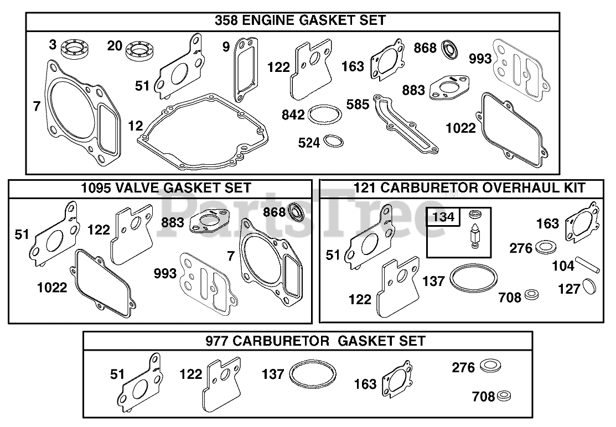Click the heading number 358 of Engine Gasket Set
[x=226, y=20]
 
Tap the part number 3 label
[x=53, y=44]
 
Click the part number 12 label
[x=136, y=126]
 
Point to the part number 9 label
[x=226, y=46]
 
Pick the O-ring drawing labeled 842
[x=324, y=114]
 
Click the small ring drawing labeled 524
[x=334, y=140]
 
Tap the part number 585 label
[x=358, y=105]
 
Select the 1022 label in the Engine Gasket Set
[x=460, y=128]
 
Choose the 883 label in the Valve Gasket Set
[x=173, y=222]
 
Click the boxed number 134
[x=443, y=217]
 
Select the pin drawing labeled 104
[x=588, y=264]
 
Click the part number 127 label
[x=570, y=289]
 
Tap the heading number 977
[x=217, y=341]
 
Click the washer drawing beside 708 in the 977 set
[x=504, y=397]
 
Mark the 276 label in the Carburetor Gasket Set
[x=463, y=368]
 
